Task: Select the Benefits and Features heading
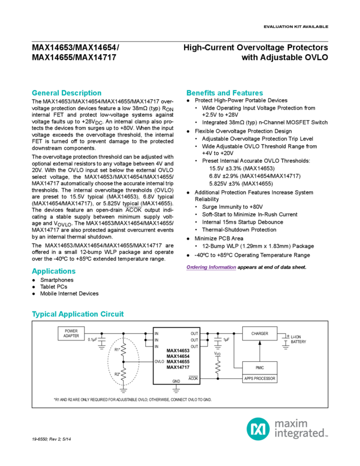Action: [224, 93]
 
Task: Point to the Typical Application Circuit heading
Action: [78, 314]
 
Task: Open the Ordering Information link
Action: [211, 267]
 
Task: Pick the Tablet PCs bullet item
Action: [53, 287]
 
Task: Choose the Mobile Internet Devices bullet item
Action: [69, 293]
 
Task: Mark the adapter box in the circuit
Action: [71, 333]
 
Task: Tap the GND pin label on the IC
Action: [176, 380]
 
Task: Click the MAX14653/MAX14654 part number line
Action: [77, 47]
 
